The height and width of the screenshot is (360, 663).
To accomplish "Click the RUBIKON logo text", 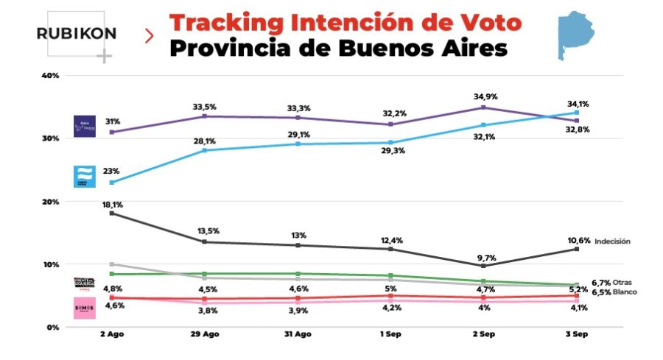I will pyautogui.click(x=77, y=35).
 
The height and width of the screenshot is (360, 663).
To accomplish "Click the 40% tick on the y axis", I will pyautogui.click(x=51, y=76).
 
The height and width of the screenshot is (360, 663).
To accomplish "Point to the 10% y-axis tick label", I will pyautogui.click(x=51, y=264).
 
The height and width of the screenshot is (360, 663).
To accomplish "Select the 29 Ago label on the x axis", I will pyautogui.click(x=205, y=335).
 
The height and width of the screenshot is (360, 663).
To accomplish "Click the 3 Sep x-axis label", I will pyautogui.click(x=576, y=335).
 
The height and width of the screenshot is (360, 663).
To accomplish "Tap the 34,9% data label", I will pyautogui.click(x=483, y=97).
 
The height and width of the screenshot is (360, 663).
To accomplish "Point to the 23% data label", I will pyautogui.click(x=112, y=170).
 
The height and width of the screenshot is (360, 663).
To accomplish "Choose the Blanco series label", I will pyautogui.click(x=622, y=292).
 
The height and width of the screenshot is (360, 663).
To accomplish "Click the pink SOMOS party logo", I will pyautogui.click(x=84, y=308).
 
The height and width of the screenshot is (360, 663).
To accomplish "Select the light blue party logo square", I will pyautogui.click(x=84, y=176).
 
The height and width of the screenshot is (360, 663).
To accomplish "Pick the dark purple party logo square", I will pyautogui.click(x=84, y=127).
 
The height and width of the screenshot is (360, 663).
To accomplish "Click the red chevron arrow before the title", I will pyautogui.click(x=150, y=35).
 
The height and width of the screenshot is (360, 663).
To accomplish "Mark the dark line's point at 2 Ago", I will pyautogui.click(x=111, y=213).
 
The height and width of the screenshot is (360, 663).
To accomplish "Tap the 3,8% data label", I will pyautogui.click(x=205, y=311).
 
